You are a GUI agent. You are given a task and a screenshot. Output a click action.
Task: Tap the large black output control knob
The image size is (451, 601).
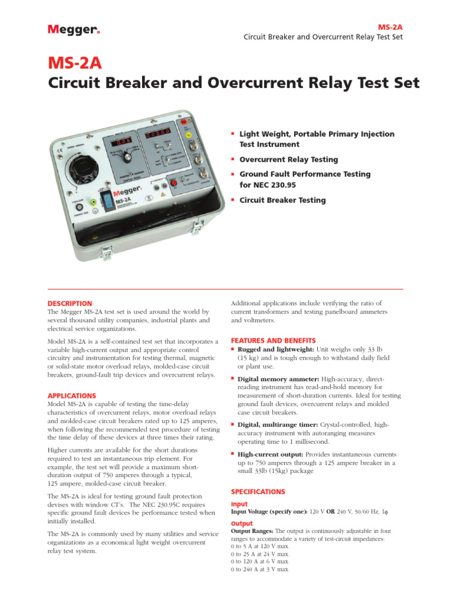click(x=86, y=170)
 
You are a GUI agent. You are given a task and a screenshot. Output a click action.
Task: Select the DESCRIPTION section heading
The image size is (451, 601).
click(x=69, y=303)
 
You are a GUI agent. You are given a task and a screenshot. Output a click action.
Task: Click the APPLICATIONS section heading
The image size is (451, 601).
click(x=72, y=396)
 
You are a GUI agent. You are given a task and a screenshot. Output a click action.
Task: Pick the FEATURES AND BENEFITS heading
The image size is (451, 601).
click(x=273, y=340)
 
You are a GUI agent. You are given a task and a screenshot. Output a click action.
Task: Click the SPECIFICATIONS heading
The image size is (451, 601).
click(x=258, y=492)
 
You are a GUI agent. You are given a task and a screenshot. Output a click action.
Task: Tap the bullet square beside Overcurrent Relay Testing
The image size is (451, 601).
click(x=233, y=158)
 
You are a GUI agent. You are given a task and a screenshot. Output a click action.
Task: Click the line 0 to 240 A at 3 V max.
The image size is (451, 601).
click(x=260, y=569)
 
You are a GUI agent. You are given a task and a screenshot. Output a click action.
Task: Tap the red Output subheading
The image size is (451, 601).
click(x=242, y=524)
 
